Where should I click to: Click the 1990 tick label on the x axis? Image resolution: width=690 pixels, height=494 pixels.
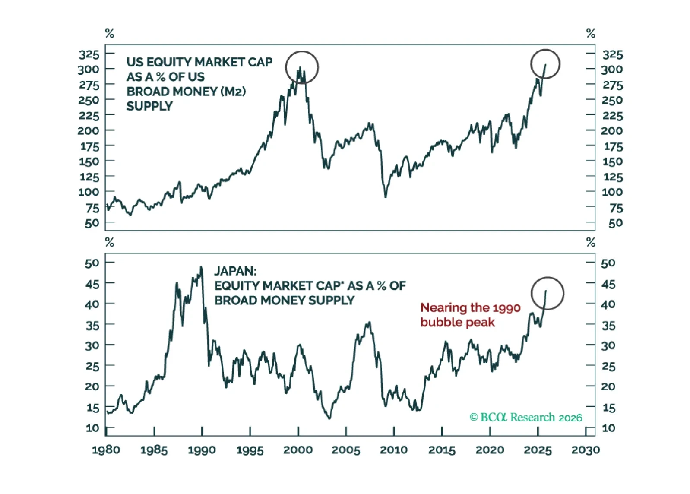202,450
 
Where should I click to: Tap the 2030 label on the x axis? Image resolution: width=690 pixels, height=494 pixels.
586,450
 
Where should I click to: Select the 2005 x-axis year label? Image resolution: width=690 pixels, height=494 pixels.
345,450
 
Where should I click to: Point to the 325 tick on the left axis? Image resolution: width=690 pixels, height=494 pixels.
89,54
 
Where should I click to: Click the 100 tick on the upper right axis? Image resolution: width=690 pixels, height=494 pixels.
612,192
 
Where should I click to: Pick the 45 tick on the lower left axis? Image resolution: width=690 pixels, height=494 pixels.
92,284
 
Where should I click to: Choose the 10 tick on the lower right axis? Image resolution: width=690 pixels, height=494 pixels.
608,428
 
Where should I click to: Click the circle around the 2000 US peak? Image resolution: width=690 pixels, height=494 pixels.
302,67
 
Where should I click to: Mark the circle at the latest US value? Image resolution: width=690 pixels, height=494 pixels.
545,64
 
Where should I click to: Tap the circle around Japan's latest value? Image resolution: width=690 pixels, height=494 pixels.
548,293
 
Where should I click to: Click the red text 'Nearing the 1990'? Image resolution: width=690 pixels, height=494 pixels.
470,307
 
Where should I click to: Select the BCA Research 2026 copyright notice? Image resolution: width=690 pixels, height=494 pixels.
525,417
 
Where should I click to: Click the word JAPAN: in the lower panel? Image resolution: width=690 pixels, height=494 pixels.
235,271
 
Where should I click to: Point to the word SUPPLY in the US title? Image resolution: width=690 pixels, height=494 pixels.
149,106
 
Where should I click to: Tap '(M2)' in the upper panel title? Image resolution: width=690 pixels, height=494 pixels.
233,92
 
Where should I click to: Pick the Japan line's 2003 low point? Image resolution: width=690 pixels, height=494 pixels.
329,418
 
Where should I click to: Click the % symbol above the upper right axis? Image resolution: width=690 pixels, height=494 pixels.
591,33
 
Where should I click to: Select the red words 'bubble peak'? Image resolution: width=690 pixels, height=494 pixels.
457,323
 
